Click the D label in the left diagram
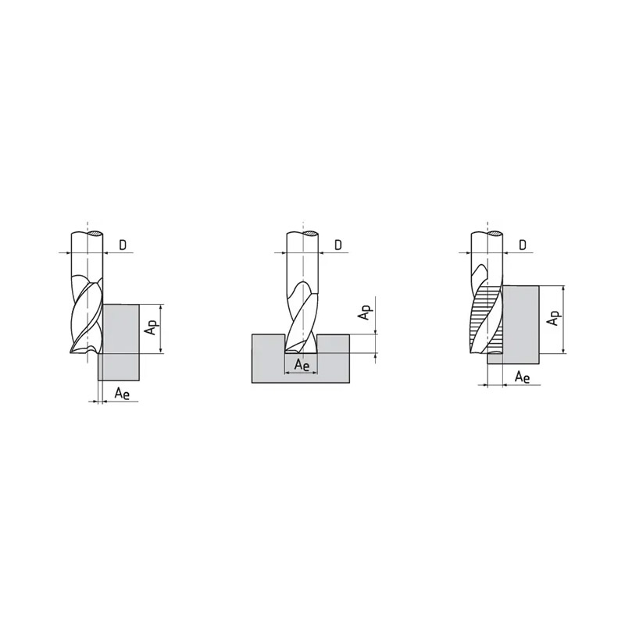123,245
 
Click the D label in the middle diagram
338,245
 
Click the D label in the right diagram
523,245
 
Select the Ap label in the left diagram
152,328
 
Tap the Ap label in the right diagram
555,318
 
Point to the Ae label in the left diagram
122,394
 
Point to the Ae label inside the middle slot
302,364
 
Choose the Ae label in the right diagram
522,377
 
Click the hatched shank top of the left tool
96,233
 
